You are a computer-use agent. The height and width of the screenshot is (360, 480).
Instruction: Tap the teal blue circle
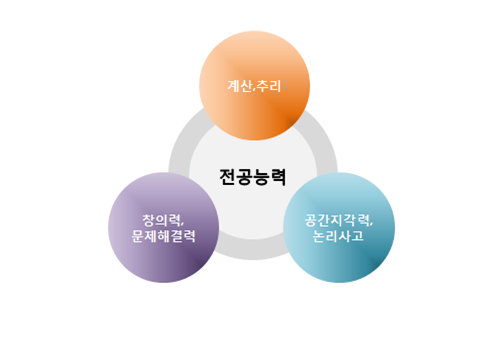(340, 227)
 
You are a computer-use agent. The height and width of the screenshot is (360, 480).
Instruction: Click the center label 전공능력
(252, 177)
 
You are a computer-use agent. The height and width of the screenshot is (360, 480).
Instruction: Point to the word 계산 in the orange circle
(239, 86)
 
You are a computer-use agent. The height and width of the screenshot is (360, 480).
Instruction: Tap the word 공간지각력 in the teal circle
(337, 219)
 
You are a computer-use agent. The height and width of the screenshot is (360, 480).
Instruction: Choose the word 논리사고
(340, 237)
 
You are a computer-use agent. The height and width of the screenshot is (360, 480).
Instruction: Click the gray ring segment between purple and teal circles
(252, 250)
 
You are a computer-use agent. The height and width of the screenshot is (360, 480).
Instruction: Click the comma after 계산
(254, 90)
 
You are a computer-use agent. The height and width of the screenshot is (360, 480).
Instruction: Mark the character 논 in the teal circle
(319, 237)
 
